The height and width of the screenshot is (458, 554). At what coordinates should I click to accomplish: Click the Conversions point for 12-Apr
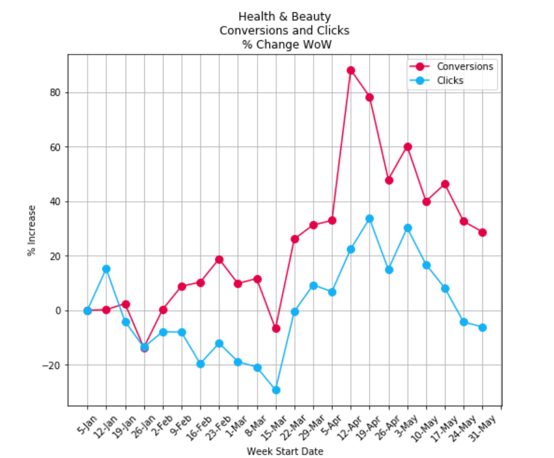click(x=351, y=70)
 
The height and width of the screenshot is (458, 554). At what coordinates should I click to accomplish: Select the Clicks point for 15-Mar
click(x=276, y=390)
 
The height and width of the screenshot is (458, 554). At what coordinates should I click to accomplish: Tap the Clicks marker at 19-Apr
click(x=370, y=219)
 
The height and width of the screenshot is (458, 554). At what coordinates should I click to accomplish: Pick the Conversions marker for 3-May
click(x=408, y=147)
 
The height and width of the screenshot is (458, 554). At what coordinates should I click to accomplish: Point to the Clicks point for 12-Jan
click(x=106, y=269)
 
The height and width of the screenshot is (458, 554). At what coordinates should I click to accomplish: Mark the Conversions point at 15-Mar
click(x=276, y=328)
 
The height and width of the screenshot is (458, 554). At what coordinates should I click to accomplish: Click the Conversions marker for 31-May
click(x=482, y=232)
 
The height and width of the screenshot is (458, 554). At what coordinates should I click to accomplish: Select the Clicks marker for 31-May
click(x=482, y=327)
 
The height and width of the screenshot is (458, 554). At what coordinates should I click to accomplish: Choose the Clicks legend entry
click(x=449, y=80)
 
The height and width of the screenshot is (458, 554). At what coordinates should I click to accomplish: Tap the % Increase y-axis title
click(x=31, y=231)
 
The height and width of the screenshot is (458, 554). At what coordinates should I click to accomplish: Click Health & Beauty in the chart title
click(x=284, y=17)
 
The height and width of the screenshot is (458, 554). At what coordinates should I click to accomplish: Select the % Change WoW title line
click(x=284, y=44)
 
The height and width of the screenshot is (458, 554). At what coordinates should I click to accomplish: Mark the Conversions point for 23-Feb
click(x=219, y=260)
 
